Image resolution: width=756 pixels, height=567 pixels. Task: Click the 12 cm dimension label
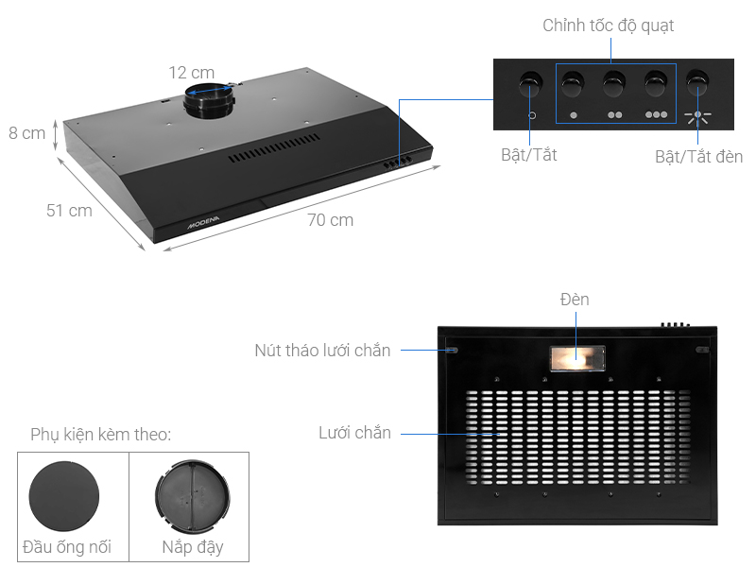click(x=192, y=73)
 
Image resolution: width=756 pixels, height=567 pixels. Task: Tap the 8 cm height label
click(x=27, y=133)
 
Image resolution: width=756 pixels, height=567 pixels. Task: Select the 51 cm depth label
click(x=69, y=211)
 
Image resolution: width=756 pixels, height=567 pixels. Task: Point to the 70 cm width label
click(x=330, y=220)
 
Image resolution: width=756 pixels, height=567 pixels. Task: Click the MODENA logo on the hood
click(x=202, y=228)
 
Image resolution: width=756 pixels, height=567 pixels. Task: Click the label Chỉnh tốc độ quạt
click(x=609, y=26)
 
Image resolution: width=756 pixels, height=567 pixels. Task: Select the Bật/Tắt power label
click(x=528, y=155)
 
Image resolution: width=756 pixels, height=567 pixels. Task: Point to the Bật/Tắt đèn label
click(x=698, y=156)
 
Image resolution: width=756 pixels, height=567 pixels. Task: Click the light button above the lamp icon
click(x=699, y=85)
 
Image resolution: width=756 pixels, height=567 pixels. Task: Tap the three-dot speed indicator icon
click(x=657, y=115)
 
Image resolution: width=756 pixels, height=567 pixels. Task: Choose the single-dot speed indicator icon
click(x=573, y=115)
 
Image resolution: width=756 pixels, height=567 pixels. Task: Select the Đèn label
click(x=574, y=300)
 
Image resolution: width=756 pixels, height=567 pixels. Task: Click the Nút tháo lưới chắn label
click(x=322, y=351)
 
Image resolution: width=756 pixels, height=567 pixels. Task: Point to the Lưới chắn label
click(x=354, y=433)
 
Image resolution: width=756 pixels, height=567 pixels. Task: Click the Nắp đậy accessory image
click(x=192, y=497)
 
